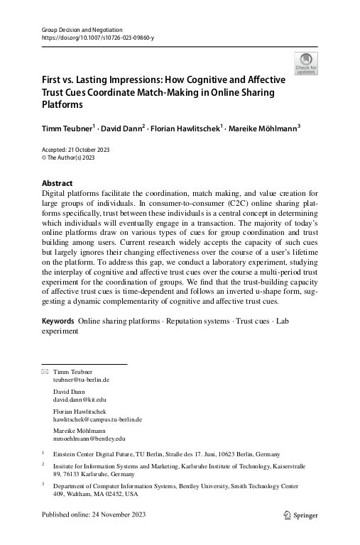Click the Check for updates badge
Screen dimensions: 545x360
click(x=305, y=64)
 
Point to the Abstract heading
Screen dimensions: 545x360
click(x=58, y=182)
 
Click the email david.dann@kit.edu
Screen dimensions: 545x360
click(x=79, y=400)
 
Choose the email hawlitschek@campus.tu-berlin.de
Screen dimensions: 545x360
click(x=98, y=419)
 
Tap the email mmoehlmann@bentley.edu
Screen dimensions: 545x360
click(x=89, y=439)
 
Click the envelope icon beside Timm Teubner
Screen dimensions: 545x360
click(x=45, y=372)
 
